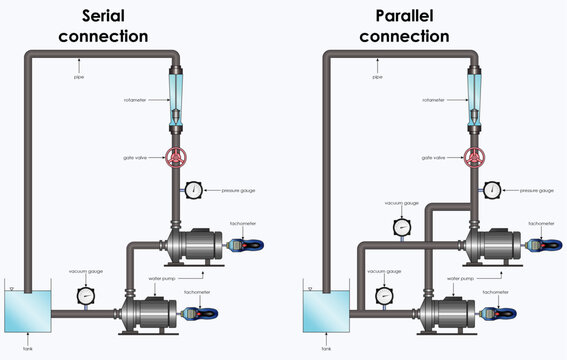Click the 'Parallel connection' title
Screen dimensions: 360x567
(x=412, y=26)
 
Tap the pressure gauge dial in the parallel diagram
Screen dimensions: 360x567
(x=492, y=189)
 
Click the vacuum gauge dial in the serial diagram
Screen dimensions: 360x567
(x=86, y=295)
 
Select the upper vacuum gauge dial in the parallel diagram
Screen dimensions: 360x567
(x=402, y=227)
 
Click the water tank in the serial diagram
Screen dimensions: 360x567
(x=26, y=309)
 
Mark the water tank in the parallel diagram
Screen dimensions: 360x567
(x=325, y=309)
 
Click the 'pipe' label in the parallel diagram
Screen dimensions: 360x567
(x=377, y=75)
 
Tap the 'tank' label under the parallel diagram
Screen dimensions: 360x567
(x=326, y=348)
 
